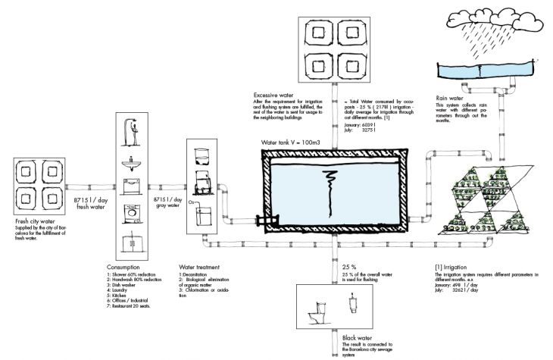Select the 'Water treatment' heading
[x=198, y=267]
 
